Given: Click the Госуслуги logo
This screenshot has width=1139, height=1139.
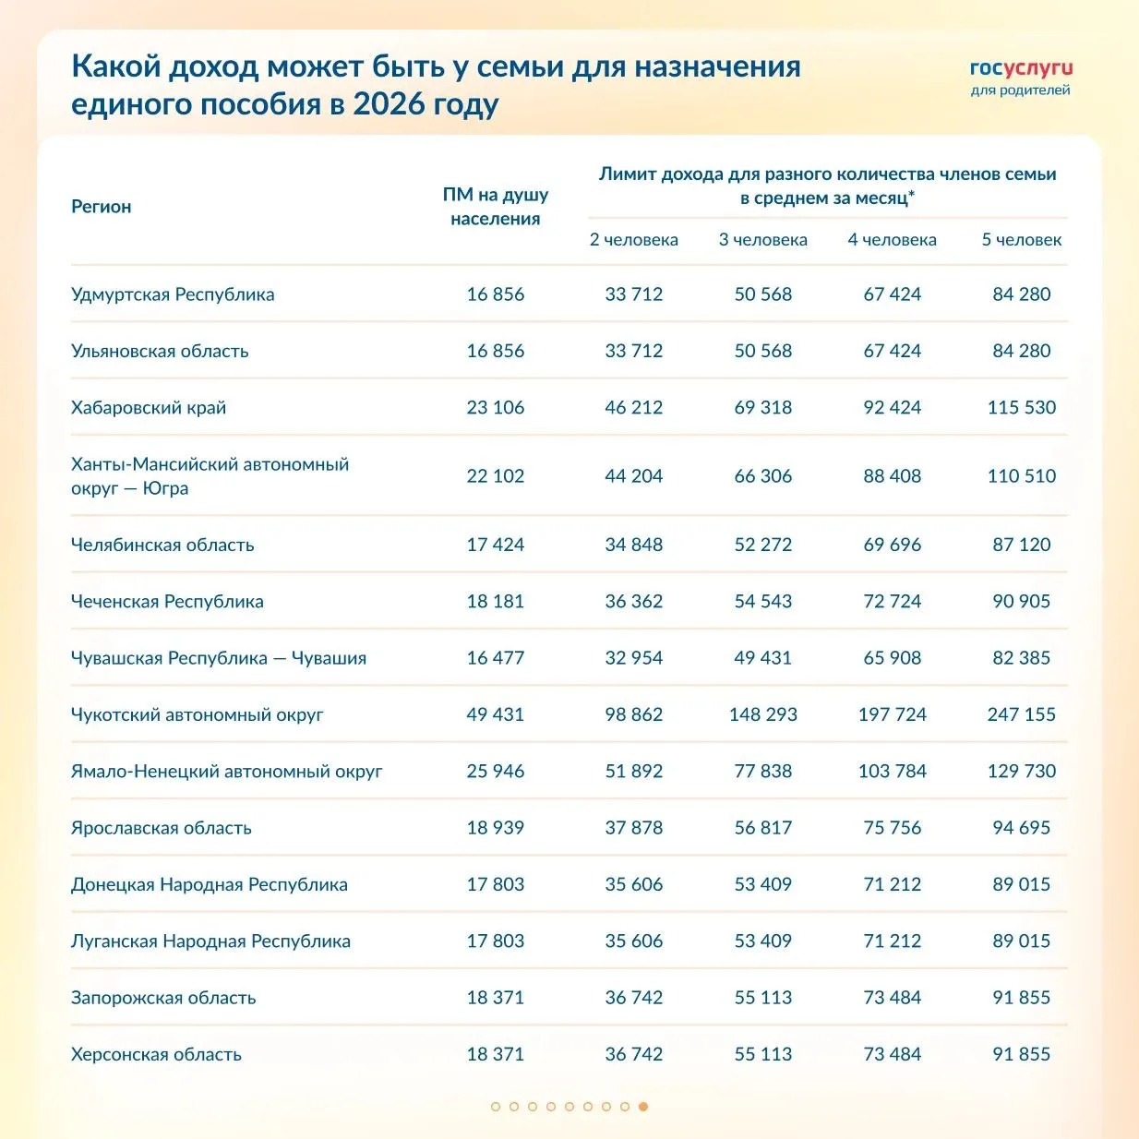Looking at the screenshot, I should pyautogui.click(x=1021, y=77).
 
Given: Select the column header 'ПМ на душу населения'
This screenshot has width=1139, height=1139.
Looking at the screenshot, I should pyautogui.click(x=496, y=207).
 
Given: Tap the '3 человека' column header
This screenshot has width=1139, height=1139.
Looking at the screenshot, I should pyautogui.click(x=763, y=240).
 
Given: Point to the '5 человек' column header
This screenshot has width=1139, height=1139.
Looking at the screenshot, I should pyautogui.click(x=1022, y=240).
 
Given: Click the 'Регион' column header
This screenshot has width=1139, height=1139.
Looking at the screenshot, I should pyautogui.click(x=102, y=207).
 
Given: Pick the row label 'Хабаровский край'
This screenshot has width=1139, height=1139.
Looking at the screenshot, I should pyautogui.click(x=149, y=408).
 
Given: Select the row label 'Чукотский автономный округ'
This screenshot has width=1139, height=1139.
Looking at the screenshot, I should pyautogui.click(x=198, y=714).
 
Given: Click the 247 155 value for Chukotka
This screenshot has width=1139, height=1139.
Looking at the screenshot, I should pyautogui.click(x=1022, y=714).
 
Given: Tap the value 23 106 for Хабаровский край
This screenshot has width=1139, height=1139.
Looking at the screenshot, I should pyautogui.click(x=496, y=408).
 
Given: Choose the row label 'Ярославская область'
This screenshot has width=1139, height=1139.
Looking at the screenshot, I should pyautogui.click(x=162, y=828).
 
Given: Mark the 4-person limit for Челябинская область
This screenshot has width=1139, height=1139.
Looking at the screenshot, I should pyautogui.click(x=893, y=545).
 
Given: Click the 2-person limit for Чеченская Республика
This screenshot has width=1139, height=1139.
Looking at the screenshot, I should pyautogui.click(x=634, y=602).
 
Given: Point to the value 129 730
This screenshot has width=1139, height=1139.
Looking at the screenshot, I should pyautogui.click(x=1022, y=772).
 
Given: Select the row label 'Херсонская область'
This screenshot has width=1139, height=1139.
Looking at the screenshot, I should pyautogui.click(x=157, y=1055).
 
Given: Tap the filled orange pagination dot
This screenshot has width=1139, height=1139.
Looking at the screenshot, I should pyautogui.click(x=643, y=1107).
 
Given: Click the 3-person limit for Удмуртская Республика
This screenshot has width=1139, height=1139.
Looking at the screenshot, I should pyautogui.click(x=763, y=294).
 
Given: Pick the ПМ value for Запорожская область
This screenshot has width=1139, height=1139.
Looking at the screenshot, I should pyautogui.click(x=496, y=998).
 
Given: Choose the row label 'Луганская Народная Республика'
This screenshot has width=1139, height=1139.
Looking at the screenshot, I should pyautogui.click(x=210, y=941).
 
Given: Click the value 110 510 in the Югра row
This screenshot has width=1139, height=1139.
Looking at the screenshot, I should pyautogui.click(x=1022, y=476).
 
